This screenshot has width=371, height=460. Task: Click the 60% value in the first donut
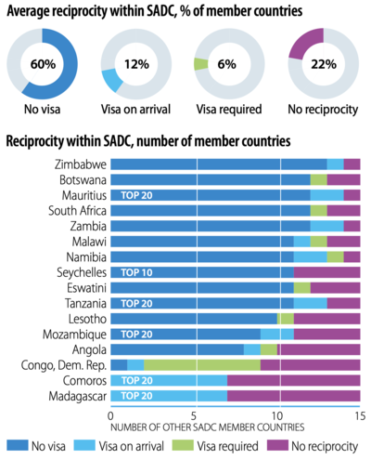point(43,64)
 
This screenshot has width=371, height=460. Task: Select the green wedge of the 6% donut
point(200,64)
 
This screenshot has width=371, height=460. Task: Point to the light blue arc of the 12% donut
point(112,80)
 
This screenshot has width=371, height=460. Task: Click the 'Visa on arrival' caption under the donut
point(135,109)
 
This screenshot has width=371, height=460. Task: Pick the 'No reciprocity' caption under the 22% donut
point(323,110)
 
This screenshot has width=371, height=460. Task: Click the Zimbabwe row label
point(81,164)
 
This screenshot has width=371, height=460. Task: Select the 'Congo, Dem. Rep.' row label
point(64,365)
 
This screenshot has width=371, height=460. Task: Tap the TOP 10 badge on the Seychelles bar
point(136,272)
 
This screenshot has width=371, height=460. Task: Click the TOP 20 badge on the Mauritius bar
point(136,195)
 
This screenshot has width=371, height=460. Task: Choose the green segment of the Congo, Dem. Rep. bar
point(202,365)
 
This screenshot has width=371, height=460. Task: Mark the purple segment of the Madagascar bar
point(294,396)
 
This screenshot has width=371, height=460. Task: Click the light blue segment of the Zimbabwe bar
point(335,164)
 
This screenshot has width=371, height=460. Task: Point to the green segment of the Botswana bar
point(319,179)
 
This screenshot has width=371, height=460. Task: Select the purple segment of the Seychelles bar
point(326,272)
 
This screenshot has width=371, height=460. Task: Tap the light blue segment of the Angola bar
point(252,349)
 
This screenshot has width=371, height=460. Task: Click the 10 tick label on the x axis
point(277,416)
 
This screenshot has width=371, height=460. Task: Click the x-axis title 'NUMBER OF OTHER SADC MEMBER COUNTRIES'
point(208,427)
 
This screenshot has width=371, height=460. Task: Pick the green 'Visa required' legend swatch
point(184,445)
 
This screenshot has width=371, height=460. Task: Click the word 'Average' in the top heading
point(28,12)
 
